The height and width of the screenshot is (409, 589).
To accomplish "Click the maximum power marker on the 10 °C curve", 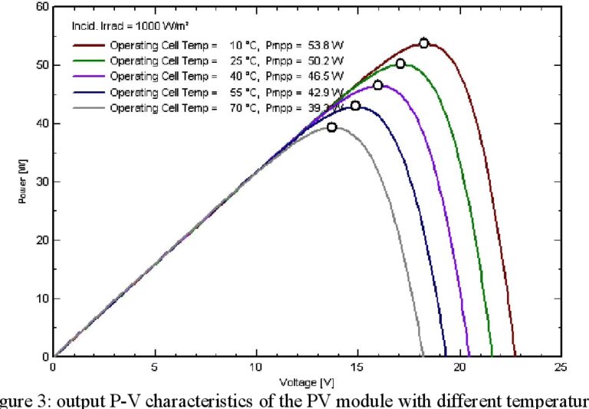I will [x=424, y=44].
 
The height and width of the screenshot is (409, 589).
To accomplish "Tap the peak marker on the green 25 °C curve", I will [x=400, y=64].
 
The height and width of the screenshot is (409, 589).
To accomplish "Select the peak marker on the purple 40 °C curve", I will [x=378, y=85].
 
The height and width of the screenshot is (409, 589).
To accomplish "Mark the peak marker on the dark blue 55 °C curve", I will [x=355, y=106].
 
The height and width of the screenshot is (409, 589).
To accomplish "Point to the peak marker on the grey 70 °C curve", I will [x=332, y=127].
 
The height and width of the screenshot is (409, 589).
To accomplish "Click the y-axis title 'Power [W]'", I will [x=24, y=182].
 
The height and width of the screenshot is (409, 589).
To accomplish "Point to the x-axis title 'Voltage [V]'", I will [x=306, y=381].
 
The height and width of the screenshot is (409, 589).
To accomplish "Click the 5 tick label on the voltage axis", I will [x=155, y=368].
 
